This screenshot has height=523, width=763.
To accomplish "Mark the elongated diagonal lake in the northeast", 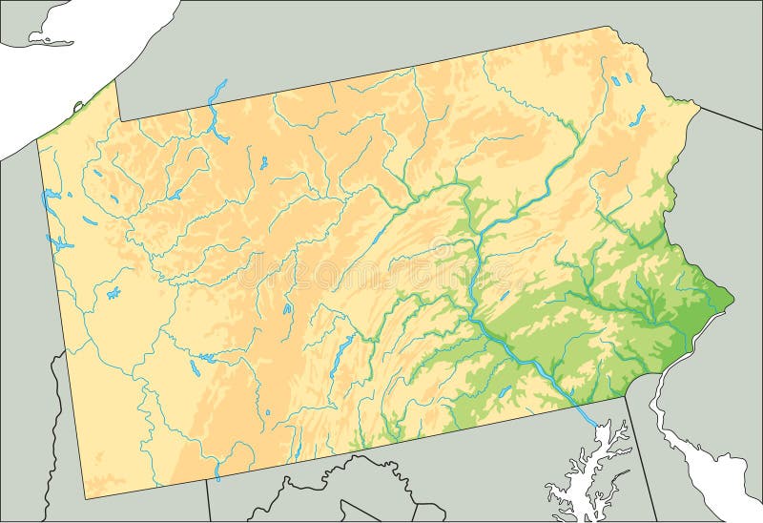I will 636,115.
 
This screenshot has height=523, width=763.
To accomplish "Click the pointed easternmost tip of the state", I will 733,300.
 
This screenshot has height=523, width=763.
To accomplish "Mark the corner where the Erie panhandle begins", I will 118,121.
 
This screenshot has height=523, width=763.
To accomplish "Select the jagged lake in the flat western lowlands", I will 113,291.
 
